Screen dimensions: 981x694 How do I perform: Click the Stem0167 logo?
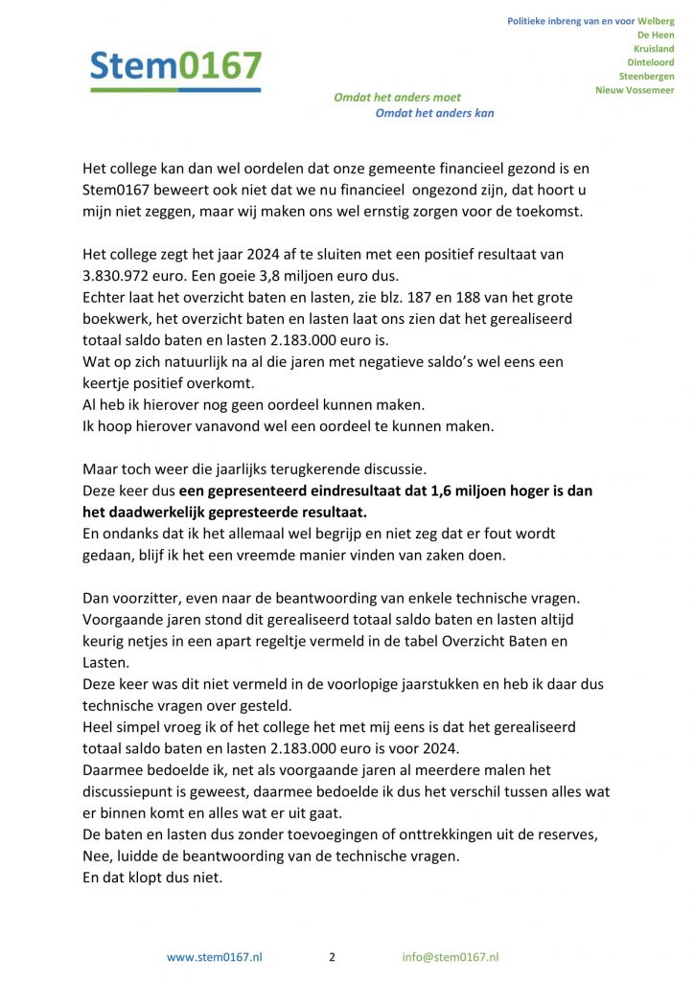point(175,67)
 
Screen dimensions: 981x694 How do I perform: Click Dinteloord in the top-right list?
point(650,62)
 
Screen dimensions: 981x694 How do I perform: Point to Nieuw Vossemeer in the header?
point(635,90)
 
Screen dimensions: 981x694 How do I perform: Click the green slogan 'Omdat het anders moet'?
point(397,97)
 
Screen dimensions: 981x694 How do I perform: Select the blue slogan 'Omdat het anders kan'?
point(434,113)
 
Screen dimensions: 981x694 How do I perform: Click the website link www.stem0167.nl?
point(215,957)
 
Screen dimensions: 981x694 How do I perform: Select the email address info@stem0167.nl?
point(451,957)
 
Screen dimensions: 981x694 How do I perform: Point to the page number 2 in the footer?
point(332,957)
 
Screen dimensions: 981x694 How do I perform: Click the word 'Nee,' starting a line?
point(100,855)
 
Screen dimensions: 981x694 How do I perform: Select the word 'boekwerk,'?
point(118,317)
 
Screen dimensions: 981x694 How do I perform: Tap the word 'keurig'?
point(104,641)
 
